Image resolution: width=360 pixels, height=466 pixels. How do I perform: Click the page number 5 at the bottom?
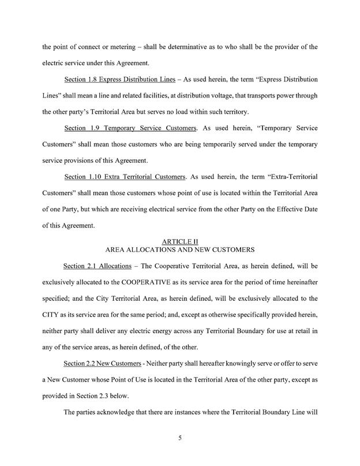pyautogui.click(x=180, y=438)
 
